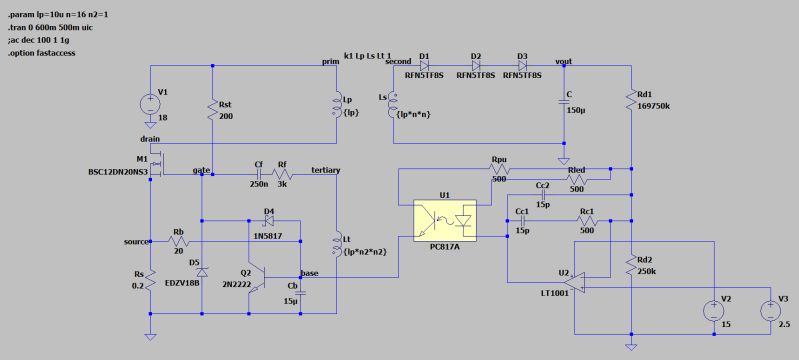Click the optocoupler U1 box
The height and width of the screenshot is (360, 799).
coord(447,219)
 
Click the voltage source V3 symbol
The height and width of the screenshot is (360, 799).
coord(771,310)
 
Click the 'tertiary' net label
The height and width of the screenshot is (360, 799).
coord(326,171)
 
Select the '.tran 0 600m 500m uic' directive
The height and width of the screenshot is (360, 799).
coord(52,26)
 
